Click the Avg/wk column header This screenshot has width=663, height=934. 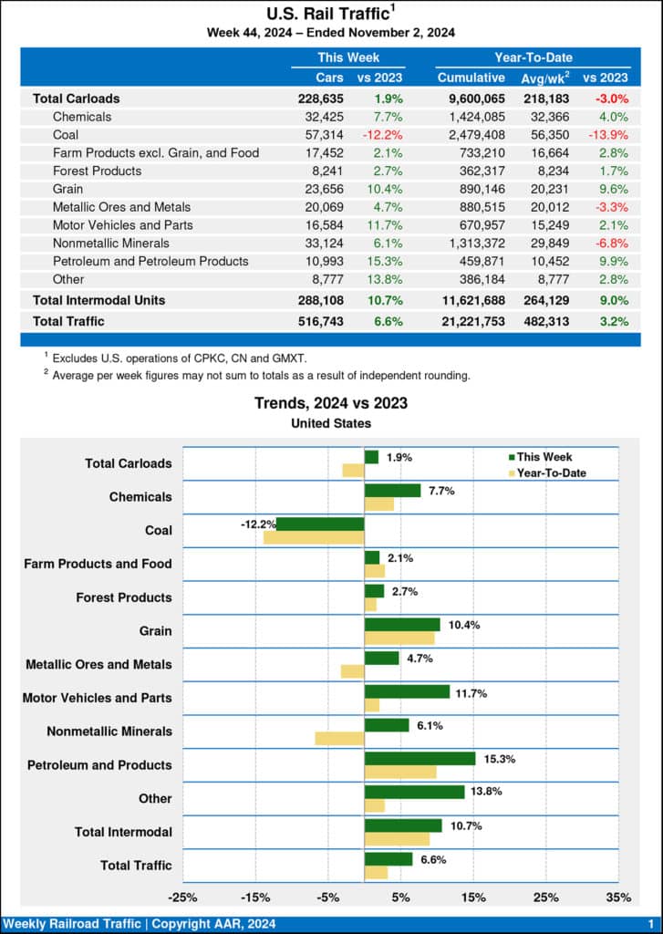click(544, 78)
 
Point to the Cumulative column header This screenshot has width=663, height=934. click(471, 78)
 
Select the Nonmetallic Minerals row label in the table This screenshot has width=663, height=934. click(111, 243)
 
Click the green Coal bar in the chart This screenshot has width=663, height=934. click(320, 524)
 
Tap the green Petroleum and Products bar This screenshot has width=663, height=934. click(420, 758)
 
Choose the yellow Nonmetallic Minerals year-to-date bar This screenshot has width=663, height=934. click(339, 738)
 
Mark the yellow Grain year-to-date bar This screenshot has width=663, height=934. click(399, 638)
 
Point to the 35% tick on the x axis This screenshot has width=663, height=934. click(618, 897)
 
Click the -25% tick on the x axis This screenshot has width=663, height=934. click(183, 897)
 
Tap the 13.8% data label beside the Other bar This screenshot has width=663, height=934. click(486, 793)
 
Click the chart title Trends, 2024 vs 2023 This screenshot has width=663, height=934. click(331, 403)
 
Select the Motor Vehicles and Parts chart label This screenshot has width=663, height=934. click(97, 698)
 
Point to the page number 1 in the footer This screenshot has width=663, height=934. click(650, 925)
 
